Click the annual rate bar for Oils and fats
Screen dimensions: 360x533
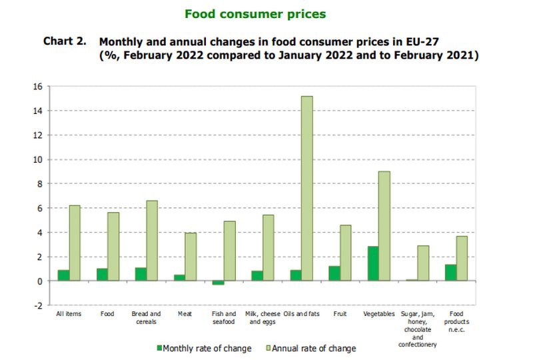pos(306,189)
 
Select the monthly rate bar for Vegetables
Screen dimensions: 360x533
pos(373,264)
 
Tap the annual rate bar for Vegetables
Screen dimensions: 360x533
pos(384,226)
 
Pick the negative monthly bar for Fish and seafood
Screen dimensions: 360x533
pos(219,283)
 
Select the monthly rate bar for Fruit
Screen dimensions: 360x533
pos(334,273)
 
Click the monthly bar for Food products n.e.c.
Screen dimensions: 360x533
pos(450,273)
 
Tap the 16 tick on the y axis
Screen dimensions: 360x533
pos(38,87)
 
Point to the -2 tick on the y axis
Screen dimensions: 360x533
pos(39,305)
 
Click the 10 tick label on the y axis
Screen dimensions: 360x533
pos(38,159)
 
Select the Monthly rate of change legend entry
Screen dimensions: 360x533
pos(204,348)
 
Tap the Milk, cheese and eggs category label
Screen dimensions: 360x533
pos(263,317)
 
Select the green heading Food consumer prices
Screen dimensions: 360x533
pos(255,13)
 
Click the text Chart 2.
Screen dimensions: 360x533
pos(65,41)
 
